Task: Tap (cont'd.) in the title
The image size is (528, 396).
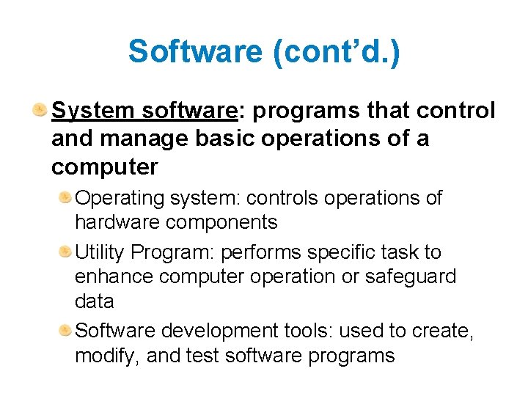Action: pyautogui.click(x=337, y=52)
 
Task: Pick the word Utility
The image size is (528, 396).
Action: pyautogui.click(x=100, y=252)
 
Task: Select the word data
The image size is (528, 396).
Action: pyautogui.click(x=95, y=301)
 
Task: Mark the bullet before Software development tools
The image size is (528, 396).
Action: pyautogui.click(x=65, y=331)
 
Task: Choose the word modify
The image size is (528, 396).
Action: pyautogui.click(x=106, y=356)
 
